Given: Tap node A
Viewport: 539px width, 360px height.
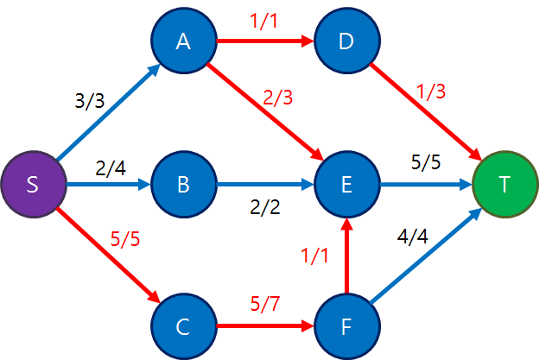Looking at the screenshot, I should pyautogui.click(x=182, y=41).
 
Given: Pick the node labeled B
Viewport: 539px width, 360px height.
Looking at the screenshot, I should pyautogui.click(x=182, y=185).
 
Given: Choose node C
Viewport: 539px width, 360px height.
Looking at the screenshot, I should pyautogui.click(x=182, y=327).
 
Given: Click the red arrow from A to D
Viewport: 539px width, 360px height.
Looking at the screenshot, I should pyautogui.click(x=264, y=41).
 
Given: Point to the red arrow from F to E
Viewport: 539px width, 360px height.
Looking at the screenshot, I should pyautogui.click(x=347, y=256).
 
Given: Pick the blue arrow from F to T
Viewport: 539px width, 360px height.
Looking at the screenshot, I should pyautogui.click(x=425, y=256).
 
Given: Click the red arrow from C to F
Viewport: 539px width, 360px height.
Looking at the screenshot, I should pyautogui.click(x=264, y=327).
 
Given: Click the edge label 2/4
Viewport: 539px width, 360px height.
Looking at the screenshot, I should pyautogui.click(x=111, y=168).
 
